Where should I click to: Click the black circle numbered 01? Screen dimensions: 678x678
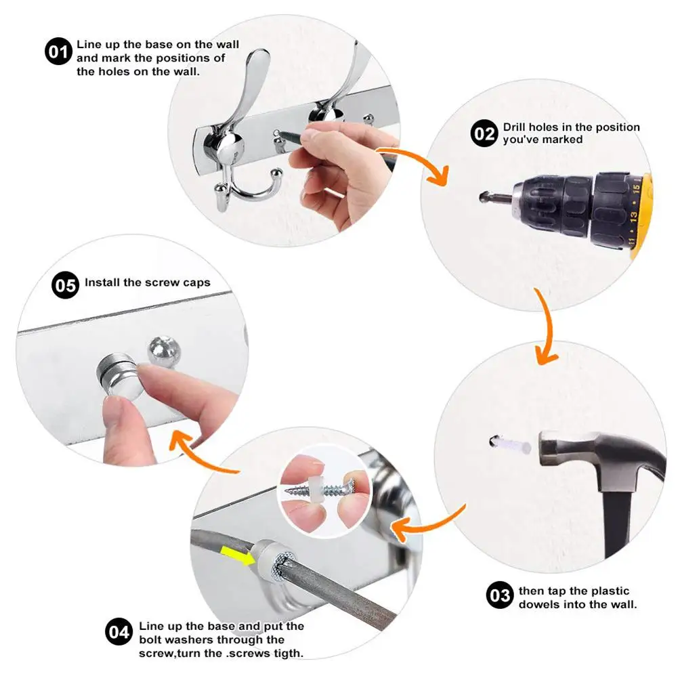[x=58, y=51]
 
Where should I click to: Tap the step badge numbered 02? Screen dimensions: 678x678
[x=484, y=133]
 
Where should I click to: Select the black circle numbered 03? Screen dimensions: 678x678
[x=500, y=595]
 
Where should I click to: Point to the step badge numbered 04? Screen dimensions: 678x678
[x=119, y=632]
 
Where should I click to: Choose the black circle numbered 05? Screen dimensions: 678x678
[x=65, y=285]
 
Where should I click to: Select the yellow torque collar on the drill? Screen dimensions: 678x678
[x=641, y=216]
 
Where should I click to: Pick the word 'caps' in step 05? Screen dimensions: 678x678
[x=196, y=283]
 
